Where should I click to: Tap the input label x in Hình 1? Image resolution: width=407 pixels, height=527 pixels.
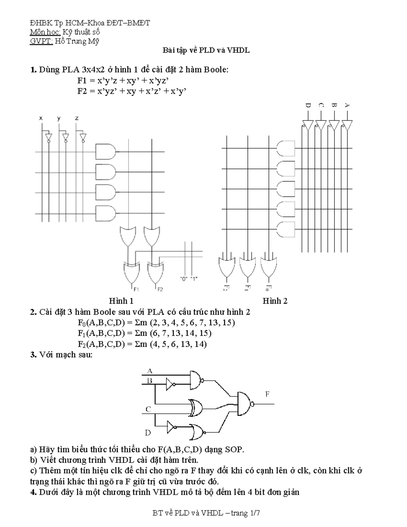click(41, 118)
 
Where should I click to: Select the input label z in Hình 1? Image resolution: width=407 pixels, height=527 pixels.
click(77, 118)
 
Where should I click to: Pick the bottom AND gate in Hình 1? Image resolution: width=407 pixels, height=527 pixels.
click(105, 213)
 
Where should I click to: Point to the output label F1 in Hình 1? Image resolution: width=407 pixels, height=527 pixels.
click(136, 289)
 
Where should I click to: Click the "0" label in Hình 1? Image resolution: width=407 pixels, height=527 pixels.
click(184, 279)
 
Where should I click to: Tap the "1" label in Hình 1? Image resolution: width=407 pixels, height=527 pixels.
click(194, 279)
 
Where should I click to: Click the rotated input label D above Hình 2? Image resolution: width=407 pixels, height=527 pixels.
click(308, 106)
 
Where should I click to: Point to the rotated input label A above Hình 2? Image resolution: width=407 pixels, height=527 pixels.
click(347, 106)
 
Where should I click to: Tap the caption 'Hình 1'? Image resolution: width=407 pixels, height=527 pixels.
click(121, 301)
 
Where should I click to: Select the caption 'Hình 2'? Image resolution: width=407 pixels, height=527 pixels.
click(275, 301)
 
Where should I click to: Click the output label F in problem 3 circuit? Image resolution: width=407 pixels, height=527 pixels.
click(267, 394)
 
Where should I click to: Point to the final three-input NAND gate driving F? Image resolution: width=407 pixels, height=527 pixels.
click(245, 404)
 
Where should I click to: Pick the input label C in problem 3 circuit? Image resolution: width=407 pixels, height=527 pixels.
click(148, 409)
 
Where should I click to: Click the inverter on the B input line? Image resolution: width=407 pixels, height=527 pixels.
click(171, 384)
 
